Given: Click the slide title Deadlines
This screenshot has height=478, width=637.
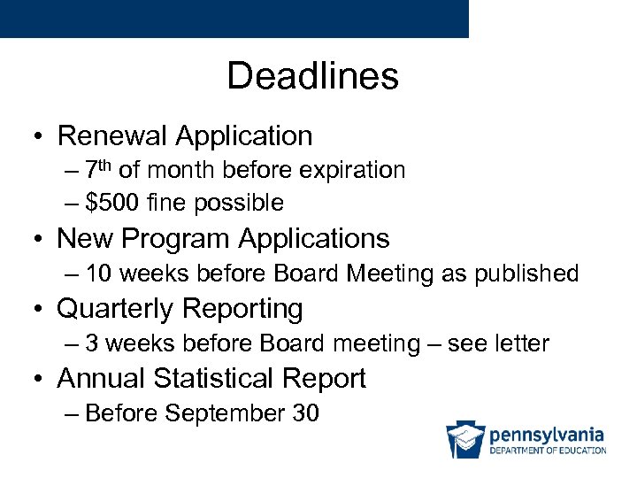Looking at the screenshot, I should (x=312, y=76).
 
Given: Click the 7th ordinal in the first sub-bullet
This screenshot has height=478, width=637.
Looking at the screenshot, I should (x=98, y=168).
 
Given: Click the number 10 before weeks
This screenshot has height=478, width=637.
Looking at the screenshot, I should (x=99, y=274).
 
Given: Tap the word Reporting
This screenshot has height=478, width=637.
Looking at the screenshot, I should (x=246, y=309).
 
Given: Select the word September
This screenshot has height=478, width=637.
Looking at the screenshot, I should (x=223, y=412).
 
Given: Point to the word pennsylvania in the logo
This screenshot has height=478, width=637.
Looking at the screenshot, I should (x=547, y=435).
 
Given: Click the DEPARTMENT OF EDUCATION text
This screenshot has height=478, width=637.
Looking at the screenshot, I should (x=548, y=451).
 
